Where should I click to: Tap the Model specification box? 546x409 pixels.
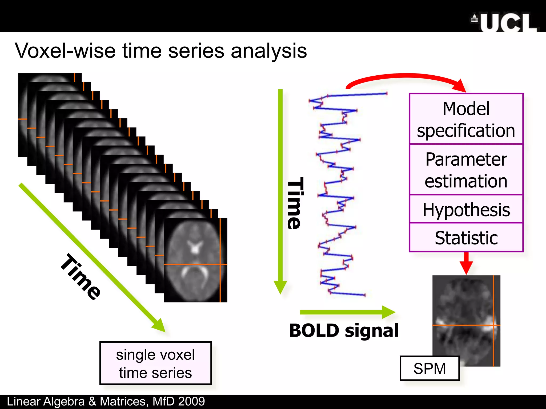466,119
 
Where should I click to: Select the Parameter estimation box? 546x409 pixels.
466,170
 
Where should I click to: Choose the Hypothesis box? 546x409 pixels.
466,209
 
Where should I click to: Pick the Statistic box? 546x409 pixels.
466,238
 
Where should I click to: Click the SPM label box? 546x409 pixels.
429,369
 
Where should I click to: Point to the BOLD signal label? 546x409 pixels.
344,330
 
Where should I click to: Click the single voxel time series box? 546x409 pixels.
155,363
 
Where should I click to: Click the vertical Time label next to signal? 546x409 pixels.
295,203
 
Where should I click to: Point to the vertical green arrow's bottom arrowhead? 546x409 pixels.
280,288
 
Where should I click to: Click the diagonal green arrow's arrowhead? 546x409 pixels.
159,326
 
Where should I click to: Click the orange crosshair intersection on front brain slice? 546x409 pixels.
220,264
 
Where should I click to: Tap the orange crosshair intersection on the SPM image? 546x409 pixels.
494,325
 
